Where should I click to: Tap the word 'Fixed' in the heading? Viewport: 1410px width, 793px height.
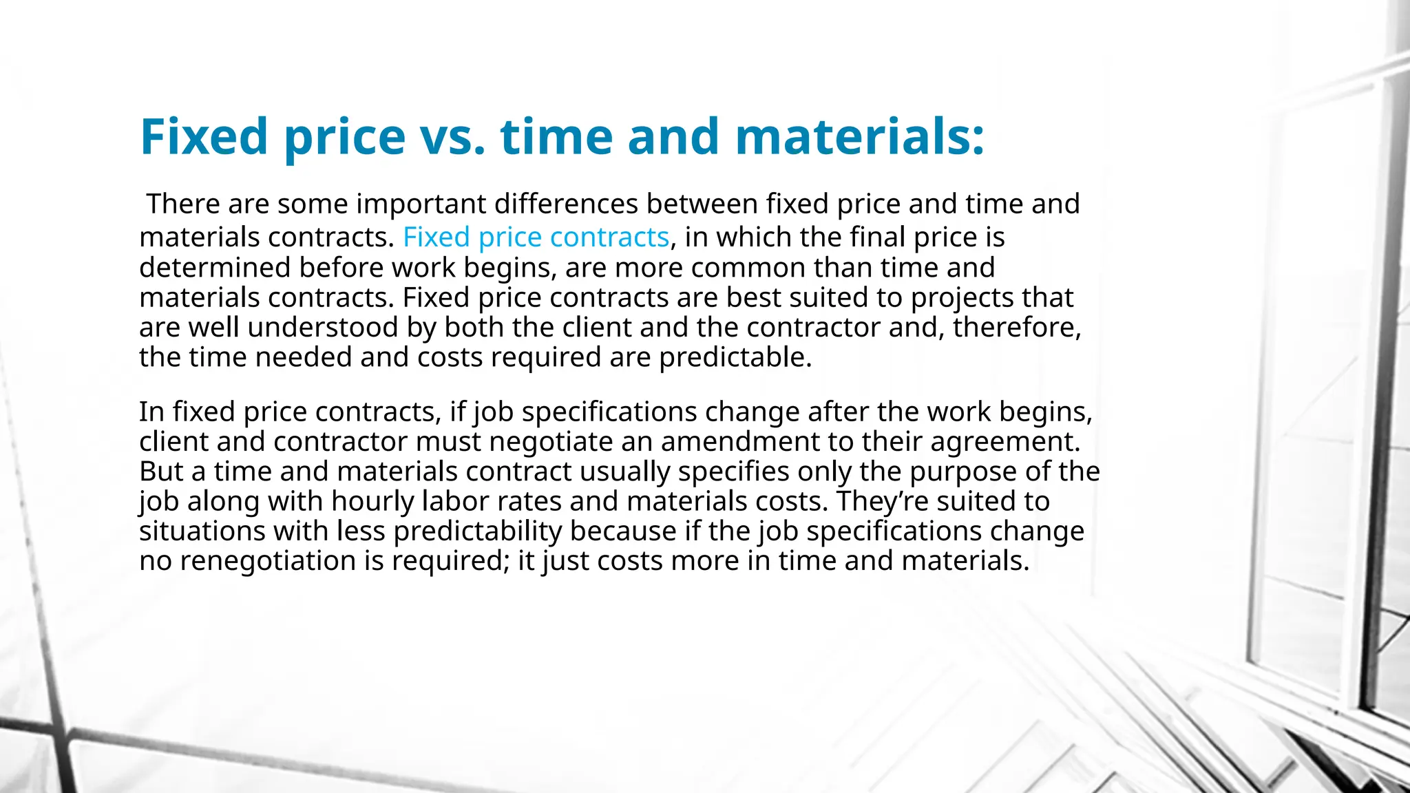(204, 136)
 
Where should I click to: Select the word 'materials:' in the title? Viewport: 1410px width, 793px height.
(860, 136)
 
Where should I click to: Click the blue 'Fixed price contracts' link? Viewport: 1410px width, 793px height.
(536, 237)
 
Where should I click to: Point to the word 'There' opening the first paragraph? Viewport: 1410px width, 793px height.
(183, 204)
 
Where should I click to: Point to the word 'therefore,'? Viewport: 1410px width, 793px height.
(1017, 328)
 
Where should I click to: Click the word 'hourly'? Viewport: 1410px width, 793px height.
(372, 502)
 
